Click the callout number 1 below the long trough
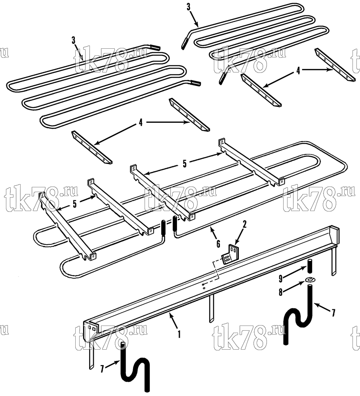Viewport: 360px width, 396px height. pyautogui.click(x=179, y=334)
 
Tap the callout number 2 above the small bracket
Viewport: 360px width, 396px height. pyautogui.click(x=244, y=224)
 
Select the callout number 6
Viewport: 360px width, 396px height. pyautogui.click(x=218, y=244)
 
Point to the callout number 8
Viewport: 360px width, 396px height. pyautogui.click(x=281, y=292)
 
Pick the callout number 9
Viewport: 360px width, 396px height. pyautogui.click(x=281, y=278)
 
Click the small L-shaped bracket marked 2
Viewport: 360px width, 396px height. pyautogui.click(x=230, y=254)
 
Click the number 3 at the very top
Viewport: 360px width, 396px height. pyautogui.click(x=189, y=7)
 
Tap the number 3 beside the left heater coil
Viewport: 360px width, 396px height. pyautogui.click(x=74, y=40)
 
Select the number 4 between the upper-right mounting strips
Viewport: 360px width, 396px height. pyautogui.click(x=298, y=71)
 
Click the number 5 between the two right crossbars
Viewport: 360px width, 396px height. pyautogui.click(x=185, y=164)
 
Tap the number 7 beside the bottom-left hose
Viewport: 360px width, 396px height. pyautogui.click(x=102, y=369)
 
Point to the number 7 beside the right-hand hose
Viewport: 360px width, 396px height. pyautogui.click(x=333, y=313)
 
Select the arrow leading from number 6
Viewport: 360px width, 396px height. pyautogui.click(x=213, y=233)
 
